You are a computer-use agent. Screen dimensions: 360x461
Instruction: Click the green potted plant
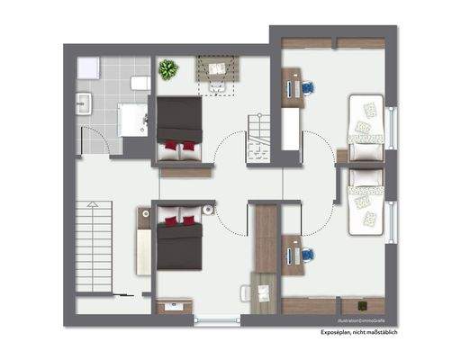tap(167, 69)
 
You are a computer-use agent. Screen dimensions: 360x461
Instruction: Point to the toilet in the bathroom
tap(140, 83)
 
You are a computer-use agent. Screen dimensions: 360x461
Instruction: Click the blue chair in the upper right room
tap(308, 87)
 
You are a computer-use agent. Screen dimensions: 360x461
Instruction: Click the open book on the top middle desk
tap(216, 68)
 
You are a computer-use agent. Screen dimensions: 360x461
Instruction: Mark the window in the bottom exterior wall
tap(218, 319)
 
